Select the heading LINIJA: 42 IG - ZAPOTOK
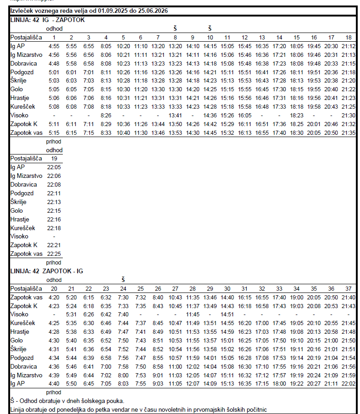point(48,20)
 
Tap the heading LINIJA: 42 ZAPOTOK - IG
point(47,271)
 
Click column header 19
point(54,158)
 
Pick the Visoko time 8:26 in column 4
point(106,115)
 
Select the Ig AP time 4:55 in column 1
point(54,46)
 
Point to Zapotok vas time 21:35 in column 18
point(349,132)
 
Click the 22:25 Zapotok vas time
point(54,254)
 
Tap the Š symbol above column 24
point(123,280)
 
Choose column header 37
point(349,288)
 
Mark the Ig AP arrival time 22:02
point(349,383)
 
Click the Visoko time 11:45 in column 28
point(193,314)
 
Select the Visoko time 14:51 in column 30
point(227,314)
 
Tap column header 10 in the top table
point(210,37)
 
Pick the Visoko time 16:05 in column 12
point(244,115)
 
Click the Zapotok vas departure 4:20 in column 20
point(54,297)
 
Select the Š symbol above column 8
point(175,28)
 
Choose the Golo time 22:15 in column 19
point(54,210)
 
